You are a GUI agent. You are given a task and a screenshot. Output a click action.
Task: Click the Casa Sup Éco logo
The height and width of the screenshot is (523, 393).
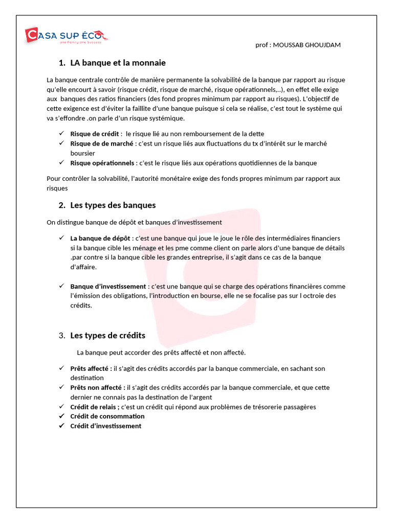pos(67,36)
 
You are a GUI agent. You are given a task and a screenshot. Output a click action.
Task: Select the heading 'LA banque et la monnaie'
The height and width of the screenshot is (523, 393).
pos(118,63)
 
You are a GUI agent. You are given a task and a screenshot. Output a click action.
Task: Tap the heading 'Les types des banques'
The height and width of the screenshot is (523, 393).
pos(113,205)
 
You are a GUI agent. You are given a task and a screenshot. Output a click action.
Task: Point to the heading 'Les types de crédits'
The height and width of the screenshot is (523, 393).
pos(107,336)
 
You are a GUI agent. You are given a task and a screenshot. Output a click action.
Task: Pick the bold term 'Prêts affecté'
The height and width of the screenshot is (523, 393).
pos(91,368)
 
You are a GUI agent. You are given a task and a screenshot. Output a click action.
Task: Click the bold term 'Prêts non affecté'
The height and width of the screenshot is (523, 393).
pos(97,388)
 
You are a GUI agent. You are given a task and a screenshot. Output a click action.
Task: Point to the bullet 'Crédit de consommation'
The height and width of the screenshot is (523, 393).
pos(107,416)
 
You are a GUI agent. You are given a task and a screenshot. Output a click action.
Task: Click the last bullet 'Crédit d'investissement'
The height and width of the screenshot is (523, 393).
pos(105,426)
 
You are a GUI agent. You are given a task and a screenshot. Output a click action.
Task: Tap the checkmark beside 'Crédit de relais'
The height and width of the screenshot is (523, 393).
pos(60,407)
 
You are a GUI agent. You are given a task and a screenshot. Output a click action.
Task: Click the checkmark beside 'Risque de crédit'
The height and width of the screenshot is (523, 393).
pos(60,133)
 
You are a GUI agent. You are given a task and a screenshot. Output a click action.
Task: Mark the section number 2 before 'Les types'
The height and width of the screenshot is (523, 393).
pos(61,205)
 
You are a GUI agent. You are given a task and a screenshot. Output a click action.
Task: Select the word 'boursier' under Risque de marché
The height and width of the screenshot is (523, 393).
pos(82,153)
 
